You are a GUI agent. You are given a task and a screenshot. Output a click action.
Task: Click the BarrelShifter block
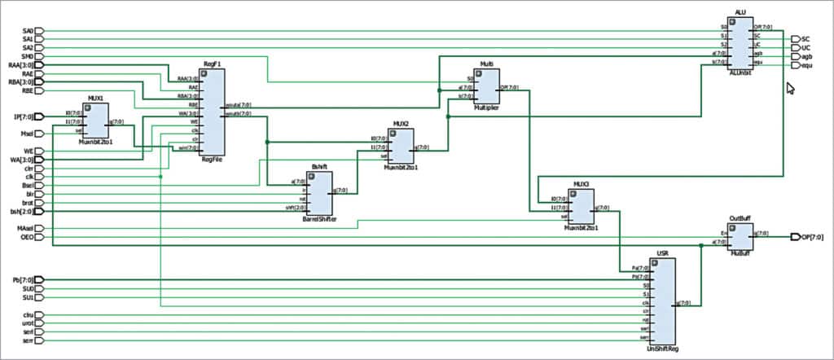[x=319, y=194]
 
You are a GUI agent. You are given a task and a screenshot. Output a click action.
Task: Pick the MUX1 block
[x=96, y=121]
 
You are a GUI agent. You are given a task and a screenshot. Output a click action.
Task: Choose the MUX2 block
[x=401, y=146]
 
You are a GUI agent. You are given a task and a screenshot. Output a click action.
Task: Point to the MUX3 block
[x=582, y=206]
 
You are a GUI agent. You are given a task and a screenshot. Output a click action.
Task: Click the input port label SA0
[x=28, y=32]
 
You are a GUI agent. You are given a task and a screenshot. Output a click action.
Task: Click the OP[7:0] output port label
[x=813, y=237]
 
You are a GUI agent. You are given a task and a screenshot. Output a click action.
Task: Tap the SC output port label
[x=805, y=39]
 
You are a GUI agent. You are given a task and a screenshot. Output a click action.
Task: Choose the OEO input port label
[x=27, y=238]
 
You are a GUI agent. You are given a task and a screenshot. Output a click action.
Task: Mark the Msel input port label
[x=27, y=134]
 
